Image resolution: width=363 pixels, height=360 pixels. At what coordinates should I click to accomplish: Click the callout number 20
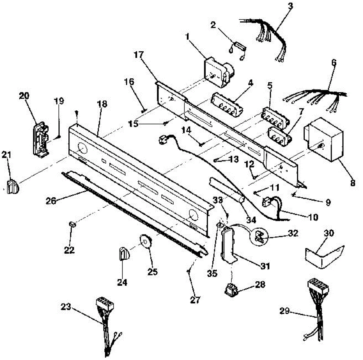24,96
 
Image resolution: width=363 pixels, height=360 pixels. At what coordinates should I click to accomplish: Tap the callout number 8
352,183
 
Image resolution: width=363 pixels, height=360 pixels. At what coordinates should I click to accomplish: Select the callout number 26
51,201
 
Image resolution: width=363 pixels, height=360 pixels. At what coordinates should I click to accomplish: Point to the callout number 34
251,220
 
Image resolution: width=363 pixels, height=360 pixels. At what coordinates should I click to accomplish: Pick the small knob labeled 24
124,254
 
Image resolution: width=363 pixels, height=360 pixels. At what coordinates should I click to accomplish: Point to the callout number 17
139,55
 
